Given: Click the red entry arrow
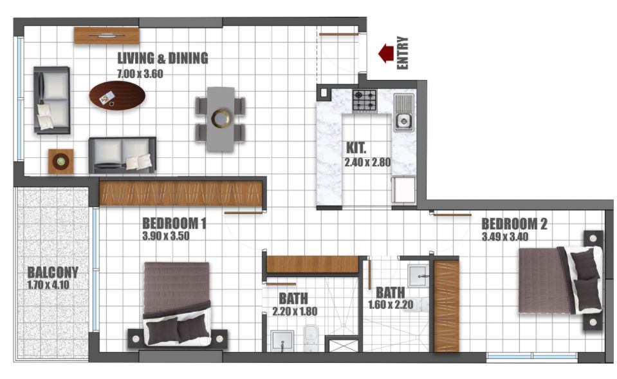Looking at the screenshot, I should (x=386, y=53).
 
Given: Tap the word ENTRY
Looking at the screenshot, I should (x=403, y=53).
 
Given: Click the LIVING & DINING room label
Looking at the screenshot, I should (x=162, y=59).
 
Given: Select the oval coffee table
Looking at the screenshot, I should (x=117, y=95).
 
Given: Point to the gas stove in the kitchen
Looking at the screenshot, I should (x=365, y=100).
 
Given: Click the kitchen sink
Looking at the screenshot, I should (x=403, y=120).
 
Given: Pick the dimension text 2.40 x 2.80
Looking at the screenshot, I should (x=368, y=162).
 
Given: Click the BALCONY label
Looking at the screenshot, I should (x=53, y=272).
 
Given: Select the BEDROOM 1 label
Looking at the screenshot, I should (x=174, y=224).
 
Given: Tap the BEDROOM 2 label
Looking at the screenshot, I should (x=514, y=224).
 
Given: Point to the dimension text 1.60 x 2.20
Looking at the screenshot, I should (x=390, y=305).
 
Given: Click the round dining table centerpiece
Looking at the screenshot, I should (x=220, y=119).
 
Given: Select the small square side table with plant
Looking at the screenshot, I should (x=61, y=161).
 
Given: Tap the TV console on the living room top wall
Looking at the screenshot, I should (x=107, y=35).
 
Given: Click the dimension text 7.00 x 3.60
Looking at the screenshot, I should (x=140, y=73).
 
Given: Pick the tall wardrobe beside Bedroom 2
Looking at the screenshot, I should (x=447, y=306).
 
